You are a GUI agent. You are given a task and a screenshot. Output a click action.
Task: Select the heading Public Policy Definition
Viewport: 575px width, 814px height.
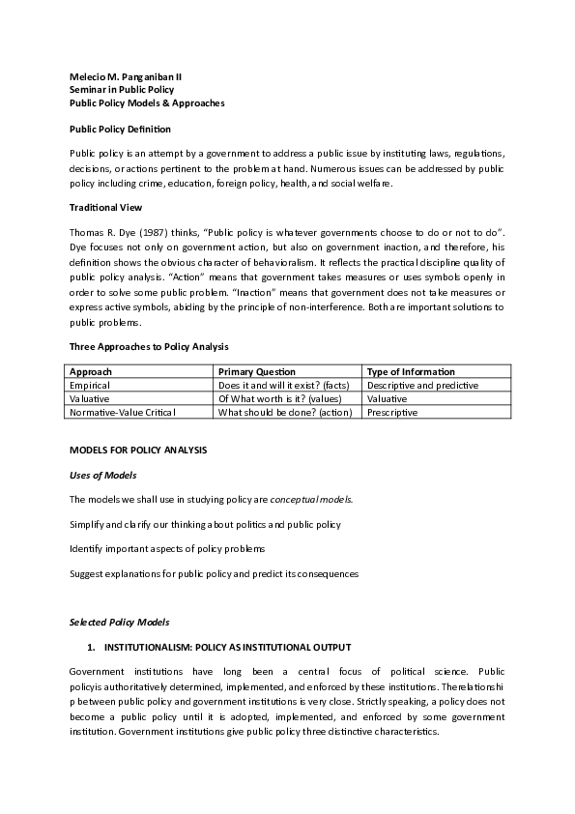[120, 129]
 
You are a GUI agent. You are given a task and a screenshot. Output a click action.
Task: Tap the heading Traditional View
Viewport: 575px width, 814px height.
[105, 207]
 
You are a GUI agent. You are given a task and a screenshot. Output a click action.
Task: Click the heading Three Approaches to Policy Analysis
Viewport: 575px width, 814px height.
[149, 346]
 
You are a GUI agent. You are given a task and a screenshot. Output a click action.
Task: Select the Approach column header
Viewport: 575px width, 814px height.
[92, 372]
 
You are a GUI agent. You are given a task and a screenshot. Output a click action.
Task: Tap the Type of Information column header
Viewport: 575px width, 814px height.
[411, 372]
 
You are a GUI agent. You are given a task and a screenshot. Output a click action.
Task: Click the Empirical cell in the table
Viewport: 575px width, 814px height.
[91, 385]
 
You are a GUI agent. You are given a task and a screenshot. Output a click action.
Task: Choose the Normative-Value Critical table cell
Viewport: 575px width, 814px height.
[124, 412]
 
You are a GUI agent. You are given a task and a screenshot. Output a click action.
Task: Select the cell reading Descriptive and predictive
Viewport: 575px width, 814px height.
[423, 385]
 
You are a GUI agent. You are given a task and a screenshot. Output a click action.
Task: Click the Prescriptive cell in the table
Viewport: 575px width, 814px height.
[392, 412]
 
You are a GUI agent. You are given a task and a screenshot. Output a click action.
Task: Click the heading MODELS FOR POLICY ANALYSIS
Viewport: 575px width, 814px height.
[138, 451]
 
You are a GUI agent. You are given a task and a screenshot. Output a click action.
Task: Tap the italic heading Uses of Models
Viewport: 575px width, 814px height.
[103, 475]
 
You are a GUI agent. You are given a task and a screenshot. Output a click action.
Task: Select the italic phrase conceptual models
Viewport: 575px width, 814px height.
[311, 500]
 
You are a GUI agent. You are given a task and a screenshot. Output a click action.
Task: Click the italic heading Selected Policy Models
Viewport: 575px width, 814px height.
[119, 621]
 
